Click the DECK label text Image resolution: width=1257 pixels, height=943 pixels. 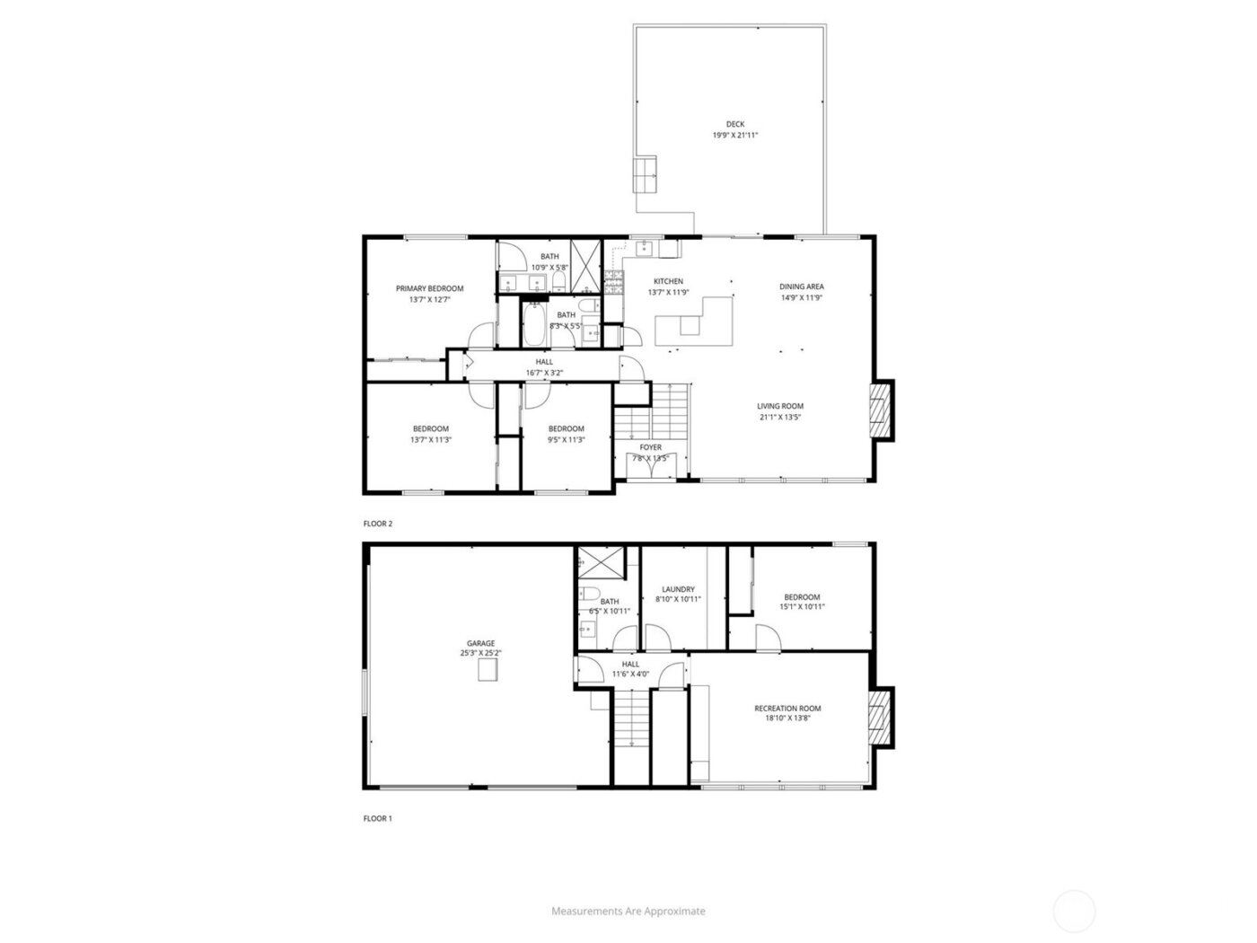pos(735,125)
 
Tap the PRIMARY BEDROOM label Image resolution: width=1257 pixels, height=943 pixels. pos(430,288)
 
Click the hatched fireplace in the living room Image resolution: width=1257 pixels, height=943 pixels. pos(883,410)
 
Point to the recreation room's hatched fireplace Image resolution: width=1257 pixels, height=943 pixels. pos(883,718)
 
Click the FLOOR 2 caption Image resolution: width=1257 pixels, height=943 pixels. pos(378,524)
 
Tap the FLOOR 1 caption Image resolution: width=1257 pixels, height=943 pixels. pos(378,819)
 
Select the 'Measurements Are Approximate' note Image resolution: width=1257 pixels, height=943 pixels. pos(628,911)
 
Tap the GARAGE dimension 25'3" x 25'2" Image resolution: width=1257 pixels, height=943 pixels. pos(480,654)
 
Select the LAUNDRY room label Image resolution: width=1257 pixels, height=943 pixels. pos(678,589)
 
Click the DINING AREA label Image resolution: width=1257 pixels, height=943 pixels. pos(802,286)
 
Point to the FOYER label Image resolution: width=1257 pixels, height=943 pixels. pos(651,447)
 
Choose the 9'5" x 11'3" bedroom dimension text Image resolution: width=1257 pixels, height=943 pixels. pos(567,439)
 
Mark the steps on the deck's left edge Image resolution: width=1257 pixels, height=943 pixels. pos(646,174)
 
